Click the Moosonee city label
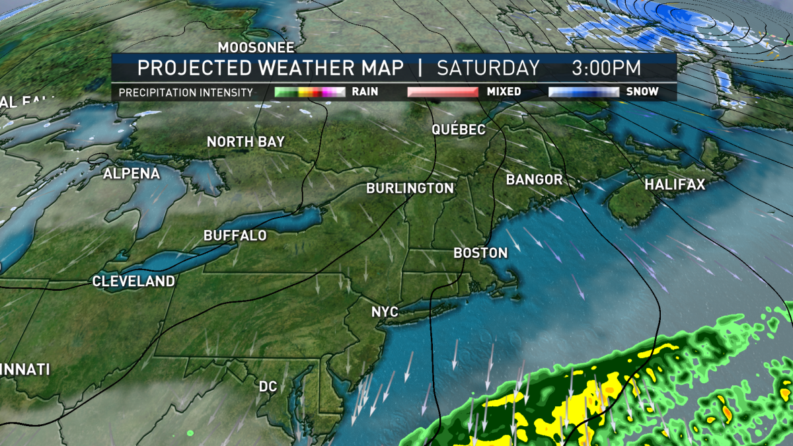pos(256,48)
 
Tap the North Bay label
pos(245,142)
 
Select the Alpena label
pos(132,174)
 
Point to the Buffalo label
pos(235,236)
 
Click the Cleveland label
pos(133,281)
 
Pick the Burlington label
pos(410,188)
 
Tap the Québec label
pos(459,130)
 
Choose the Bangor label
pos(534,180)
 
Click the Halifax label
pos(675,185)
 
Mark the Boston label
pos(480,253)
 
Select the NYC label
pos(385,311)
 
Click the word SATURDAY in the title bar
pos(488,68)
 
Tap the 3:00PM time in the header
pos(606,68)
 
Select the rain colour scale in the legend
pos(309,92)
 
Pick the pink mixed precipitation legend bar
pos(442,92)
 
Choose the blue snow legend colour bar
pos(584,92)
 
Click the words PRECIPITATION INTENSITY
pos(186,93)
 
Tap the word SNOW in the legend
pos(642,92)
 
